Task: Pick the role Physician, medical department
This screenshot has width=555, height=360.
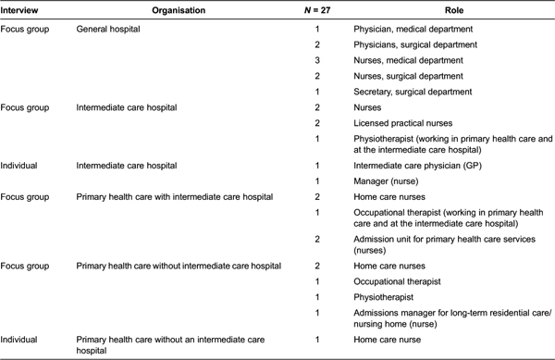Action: click(x=412, y=30)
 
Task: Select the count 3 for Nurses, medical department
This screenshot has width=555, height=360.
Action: click(x=317, y=60)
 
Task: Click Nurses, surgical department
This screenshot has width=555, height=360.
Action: click(x=406, y=76)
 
